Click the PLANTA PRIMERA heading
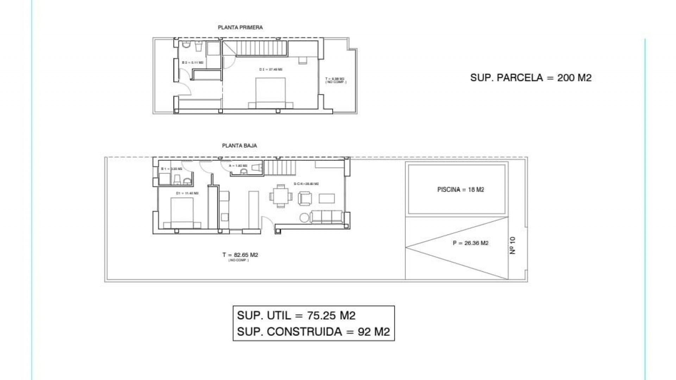coord(240,27)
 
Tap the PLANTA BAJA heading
coord(239,145)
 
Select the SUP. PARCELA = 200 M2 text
coord(531,78)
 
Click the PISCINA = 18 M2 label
coord(461,190)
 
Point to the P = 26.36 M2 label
coord(470,243)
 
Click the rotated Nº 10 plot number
coord(513,245)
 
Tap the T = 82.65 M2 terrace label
coord(240,255)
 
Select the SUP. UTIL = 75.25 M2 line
coord(296,315)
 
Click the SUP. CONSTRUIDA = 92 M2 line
coord(313,331)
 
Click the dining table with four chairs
coord(281,196)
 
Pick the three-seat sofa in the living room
coord(327,216)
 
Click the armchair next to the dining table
coord(305,198)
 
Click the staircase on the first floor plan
coord(262,48)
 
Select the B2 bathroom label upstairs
coord(192,63)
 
